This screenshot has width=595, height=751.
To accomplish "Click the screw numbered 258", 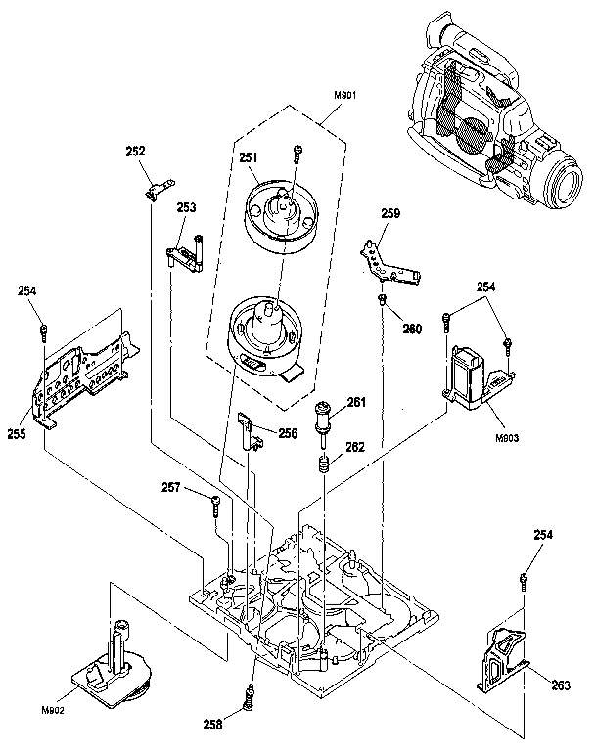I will pyautogui.click(x=250, y=698).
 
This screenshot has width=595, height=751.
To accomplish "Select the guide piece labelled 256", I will pyautogui.click(x=250, y=429).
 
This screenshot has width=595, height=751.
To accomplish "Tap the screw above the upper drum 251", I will pyautogui.click(x=297, y=152).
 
